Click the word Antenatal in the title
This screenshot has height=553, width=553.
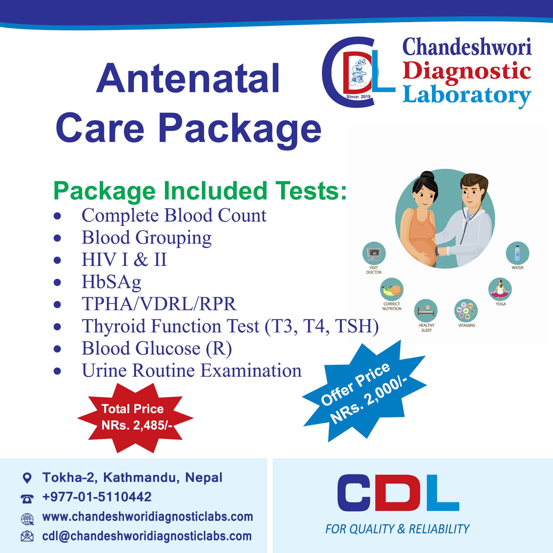coord(188,78)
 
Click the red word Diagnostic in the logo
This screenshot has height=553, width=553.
coord(467,71)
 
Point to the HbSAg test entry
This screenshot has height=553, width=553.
coord(111,282)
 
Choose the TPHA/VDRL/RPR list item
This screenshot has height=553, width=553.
coord(159,304)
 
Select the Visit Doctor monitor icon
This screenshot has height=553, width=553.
coord(374,253)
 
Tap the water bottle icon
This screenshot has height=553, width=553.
coord(517,253)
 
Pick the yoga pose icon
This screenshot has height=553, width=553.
coord(500,289)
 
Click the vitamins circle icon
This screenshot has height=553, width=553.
coord(466,311)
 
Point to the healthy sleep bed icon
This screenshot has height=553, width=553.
coord(426,311)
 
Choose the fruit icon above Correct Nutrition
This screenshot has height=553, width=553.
coord(392,289)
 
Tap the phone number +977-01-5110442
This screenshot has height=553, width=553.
coord(97,497)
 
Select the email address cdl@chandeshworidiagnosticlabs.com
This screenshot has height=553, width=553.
coord(147,536)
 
